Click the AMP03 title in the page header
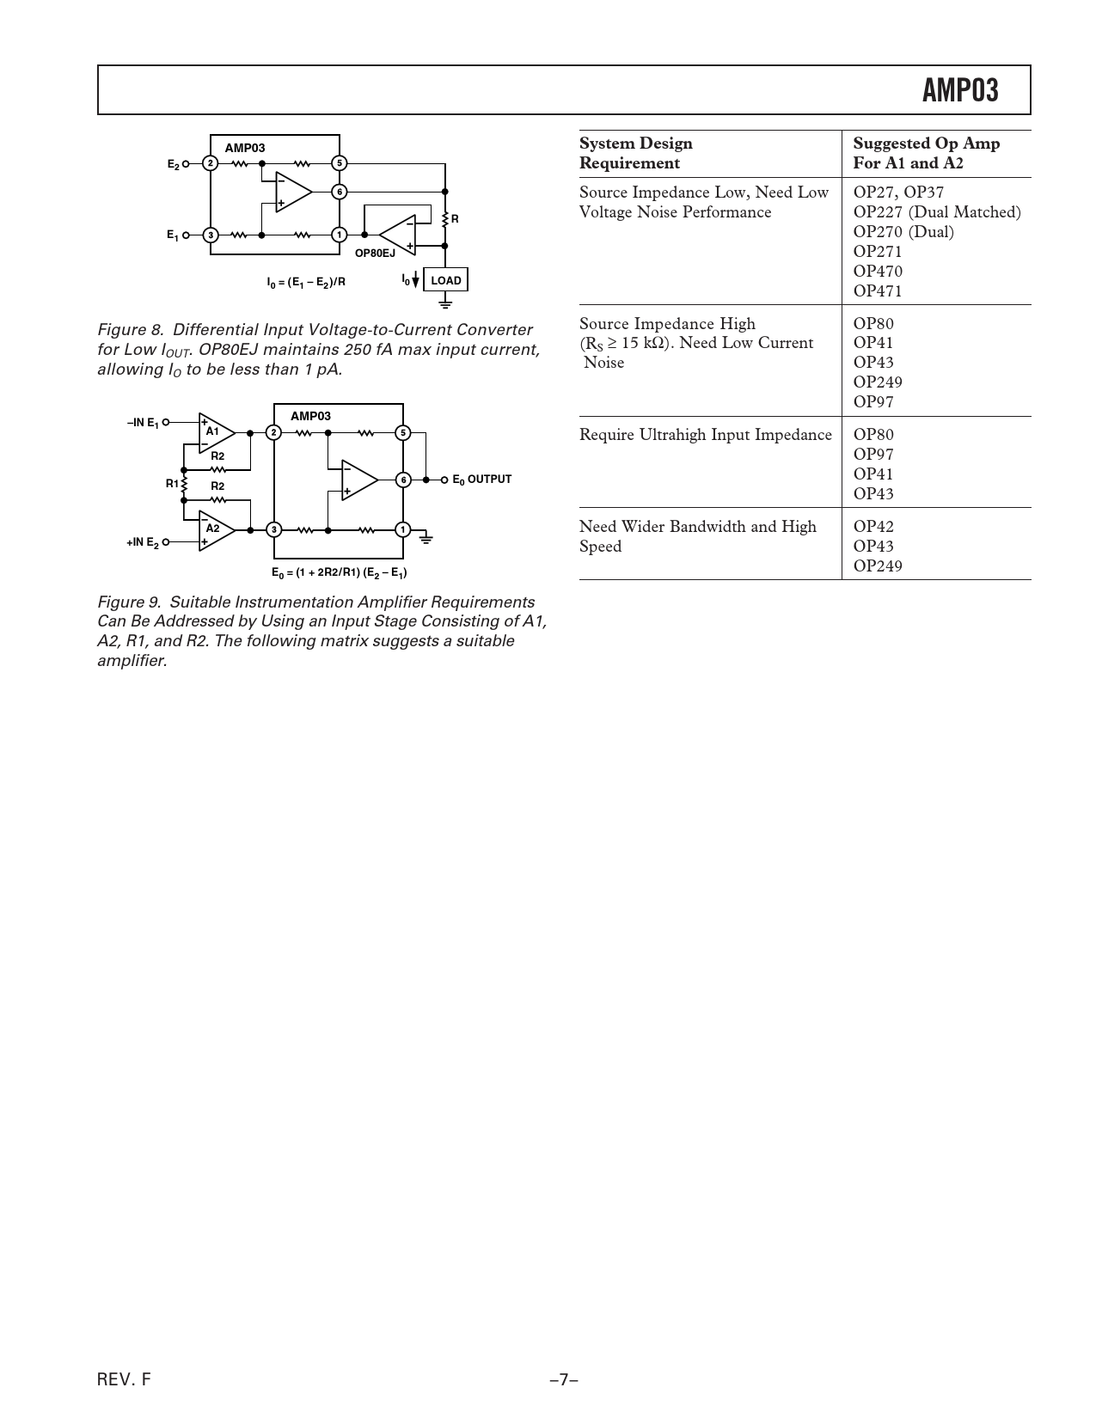click(x=960, y=90)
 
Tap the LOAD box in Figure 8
click(x=445, y=280)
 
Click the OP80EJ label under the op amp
click(x=375, y=253)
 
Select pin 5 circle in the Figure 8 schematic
click(x=340, y=162)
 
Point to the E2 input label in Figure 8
click(x=174, y=163)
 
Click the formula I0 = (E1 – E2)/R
click(x=306, y=281)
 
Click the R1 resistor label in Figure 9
click(x=173, y=483)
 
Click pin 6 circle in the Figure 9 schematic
click(x=402, y=480)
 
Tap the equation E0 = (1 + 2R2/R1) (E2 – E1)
click(x=340, y=572)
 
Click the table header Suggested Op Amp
click(x=926, y=144)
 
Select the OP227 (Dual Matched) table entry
click(x=936, y=212)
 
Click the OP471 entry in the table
click(x=877, y=291)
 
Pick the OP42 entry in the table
click(x=873, y=527)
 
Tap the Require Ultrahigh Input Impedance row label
click(x=705, y=435)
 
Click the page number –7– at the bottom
click(x=564, y=1380)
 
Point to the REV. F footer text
click(x=124, y=1380)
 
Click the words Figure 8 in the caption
click(x=130, y=330)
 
